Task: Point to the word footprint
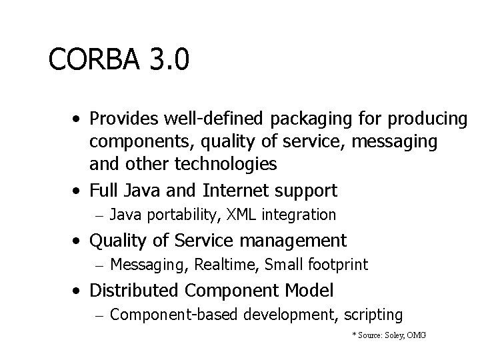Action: pos(338,265)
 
